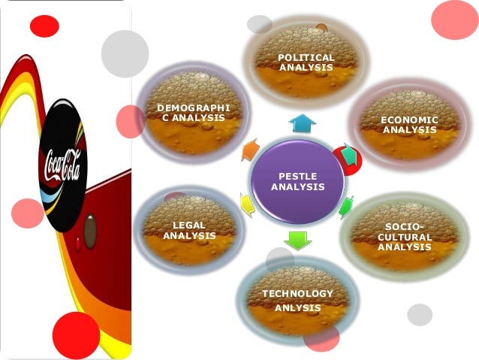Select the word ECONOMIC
[409, 120]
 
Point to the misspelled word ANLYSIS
[297, 307]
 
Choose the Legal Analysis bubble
[189, 230]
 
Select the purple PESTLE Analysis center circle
[297, 181]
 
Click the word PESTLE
[297, 176]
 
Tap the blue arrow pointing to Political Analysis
[302, 123]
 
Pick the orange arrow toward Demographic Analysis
[250, 150]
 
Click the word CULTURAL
[405, 237]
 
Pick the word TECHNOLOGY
[297, 293]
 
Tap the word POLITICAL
[306, 58]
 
